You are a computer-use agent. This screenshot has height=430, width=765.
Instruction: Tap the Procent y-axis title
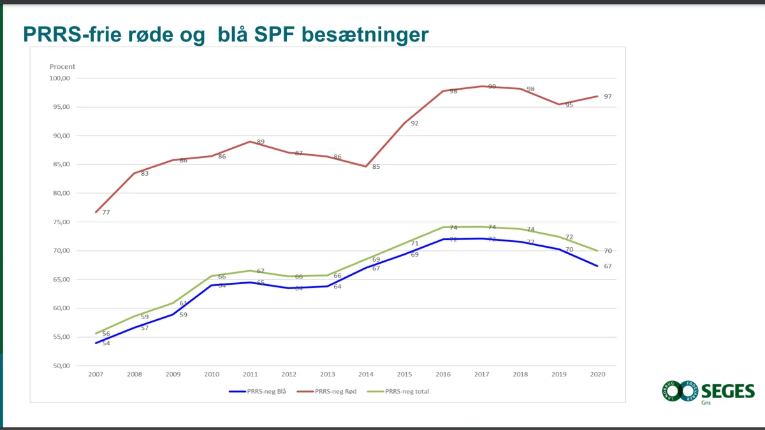(x=62, y=66)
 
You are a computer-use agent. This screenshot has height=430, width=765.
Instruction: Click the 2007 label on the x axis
(x=96, y=375)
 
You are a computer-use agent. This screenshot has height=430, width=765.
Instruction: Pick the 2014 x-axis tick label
(x=366, y=375)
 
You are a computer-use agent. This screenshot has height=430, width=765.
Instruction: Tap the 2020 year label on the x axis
(x=597, y=375)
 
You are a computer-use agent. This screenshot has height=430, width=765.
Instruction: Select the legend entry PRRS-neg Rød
(x=335, y=391)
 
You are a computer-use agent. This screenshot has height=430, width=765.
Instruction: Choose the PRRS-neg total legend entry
(x=407, y=391)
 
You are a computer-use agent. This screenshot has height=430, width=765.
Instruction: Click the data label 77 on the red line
(x=106, y=212)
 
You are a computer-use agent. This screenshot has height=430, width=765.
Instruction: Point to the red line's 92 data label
(x=414, y=123)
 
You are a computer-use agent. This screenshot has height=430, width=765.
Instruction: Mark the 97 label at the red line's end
(x=608, y=96)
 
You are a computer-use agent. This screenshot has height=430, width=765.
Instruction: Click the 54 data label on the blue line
(x=106, y=343)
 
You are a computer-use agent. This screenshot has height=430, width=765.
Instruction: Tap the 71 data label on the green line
(x=414, y=243)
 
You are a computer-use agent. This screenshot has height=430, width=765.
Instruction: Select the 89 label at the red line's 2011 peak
(x=260, y=142)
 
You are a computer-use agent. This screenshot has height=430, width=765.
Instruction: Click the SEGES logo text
(x=727, y=391)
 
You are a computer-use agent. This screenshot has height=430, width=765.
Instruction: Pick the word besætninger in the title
(x=365, y=34)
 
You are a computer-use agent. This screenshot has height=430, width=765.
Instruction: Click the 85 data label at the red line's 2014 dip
(x=376, y=167)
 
